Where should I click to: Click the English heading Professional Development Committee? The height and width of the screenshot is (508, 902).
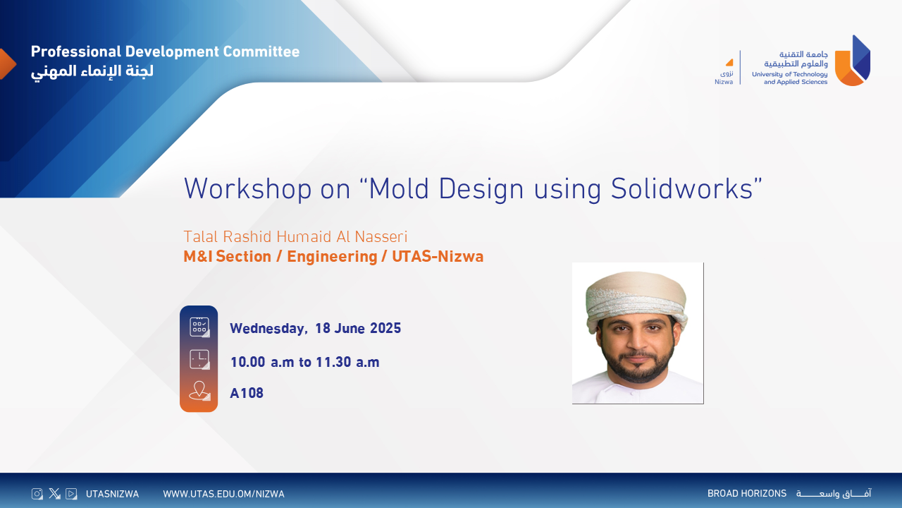pyautogui.click(x=165, y=52)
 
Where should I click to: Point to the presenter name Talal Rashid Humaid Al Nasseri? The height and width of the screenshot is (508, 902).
pyautogui.click(x=295, y=236)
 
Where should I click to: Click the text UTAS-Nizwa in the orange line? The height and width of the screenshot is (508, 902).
pyautogui.click(x=438, y=257)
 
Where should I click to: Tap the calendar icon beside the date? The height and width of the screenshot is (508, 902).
pyautogui.click(x=199, y=327)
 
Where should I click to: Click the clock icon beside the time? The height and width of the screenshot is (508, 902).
pyautogui.click(x=199, y=359)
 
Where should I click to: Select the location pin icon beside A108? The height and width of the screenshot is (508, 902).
pyautogui.click(x=199, y=391)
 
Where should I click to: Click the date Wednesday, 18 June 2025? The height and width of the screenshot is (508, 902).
pyautogui.click(x=315, y=328)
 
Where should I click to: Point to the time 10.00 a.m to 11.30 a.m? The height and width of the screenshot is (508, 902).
pyautogui.click(x=304, y=363)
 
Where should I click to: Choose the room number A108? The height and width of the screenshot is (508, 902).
pyautogui.click(x=247, y=394)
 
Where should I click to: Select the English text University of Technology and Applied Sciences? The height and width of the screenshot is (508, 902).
pyautogui.click(x=789, y=78)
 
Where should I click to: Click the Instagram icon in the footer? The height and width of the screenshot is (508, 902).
pyautogui.click(x=37, y=494)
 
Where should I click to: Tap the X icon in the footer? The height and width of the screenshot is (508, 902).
pyautogui.click(x=54, y=494)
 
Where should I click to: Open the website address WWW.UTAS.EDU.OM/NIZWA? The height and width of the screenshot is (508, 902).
pyautogui.click(x=223, y=494)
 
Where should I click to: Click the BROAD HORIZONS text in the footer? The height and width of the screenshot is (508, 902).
pyautogui.click(x=746, y=494)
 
